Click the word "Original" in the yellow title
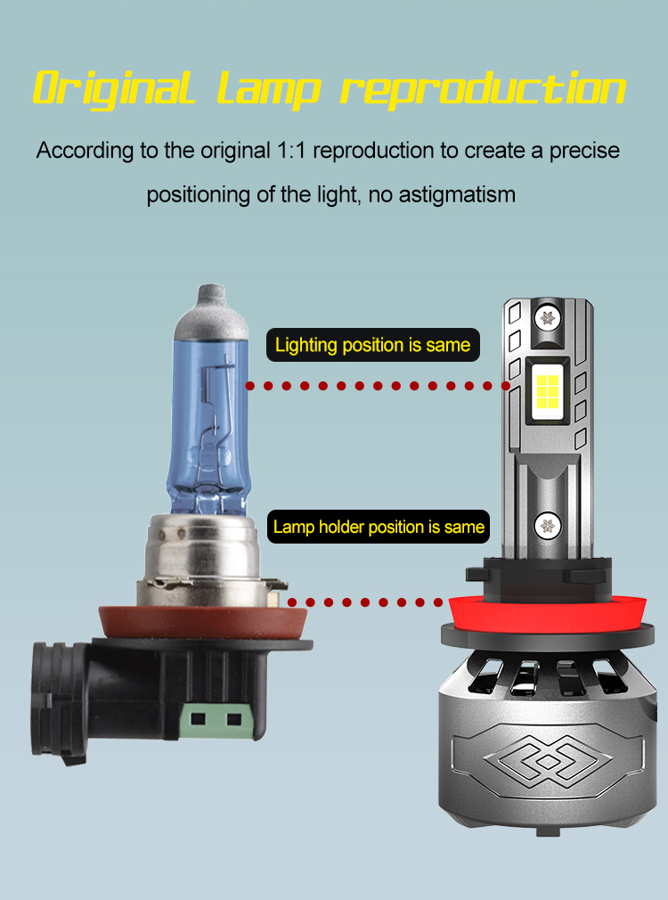coord(114,89)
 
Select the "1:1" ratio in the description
coord(291,151)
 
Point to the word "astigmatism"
coord(457,194)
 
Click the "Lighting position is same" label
coord(373,345)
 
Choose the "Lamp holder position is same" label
coord(379,527)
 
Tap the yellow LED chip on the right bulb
coord(548,391)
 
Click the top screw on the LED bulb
coord(548,317)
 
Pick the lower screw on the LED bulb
coord(548,525)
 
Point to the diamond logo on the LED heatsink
coord(548,762)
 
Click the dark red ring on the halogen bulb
coord(202,624)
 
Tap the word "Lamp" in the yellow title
coord(268,90)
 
